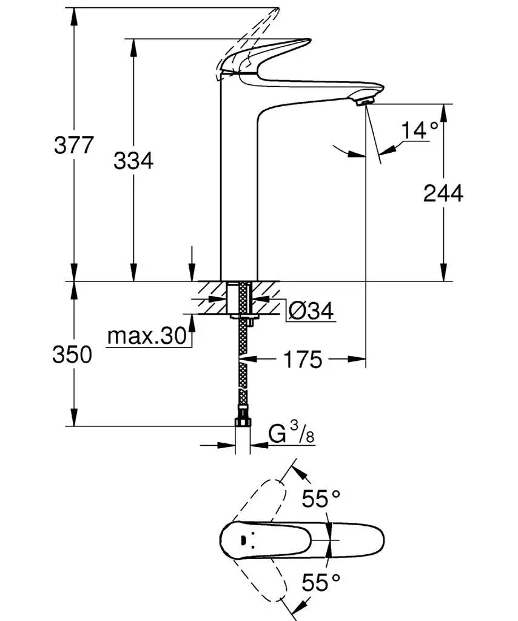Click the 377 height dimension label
(73, 146)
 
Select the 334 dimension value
(133, 161)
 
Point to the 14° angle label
(419, 130)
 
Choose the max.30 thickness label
(146, 336)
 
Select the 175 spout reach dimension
(302, 360)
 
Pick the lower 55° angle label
(321, 583)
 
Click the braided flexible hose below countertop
(243, 364)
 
